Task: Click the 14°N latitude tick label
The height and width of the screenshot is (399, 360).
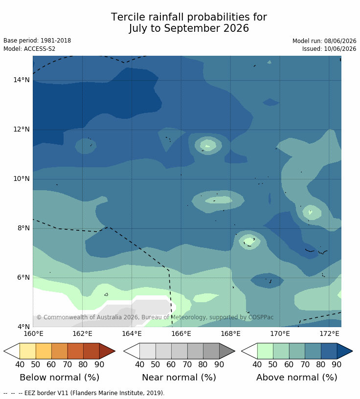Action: click(22, 80)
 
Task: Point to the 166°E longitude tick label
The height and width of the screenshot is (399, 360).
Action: click(181, 333)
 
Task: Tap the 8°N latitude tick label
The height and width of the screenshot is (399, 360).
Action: click(23, 228)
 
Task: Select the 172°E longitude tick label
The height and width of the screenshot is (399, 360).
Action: click(329, 333)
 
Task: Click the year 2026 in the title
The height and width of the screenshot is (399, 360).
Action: click(236, 28)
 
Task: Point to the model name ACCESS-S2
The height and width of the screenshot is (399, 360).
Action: click(40, 49)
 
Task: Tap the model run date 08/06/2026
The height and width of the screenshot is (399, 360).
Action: click(340, 41)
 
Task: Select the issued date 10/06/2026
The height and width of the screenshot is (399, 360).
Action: click(340, 49)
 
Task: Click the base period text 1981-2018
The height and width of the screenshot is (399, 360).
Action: click(56, 41)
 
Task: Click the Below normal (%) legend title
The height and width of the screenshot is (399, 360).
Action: click(59, 377)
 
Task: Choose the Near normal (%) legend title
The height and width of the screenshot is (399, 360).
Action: click(179, 377)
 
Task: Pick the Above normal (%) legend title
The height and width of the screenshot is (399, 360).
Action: click(296, 377)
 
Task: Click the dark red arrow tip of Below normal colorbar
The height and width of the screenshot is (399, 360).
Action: click(114, 351)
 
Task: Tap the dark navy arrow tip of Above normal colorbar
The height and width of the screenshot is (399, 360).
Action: click(352, 351)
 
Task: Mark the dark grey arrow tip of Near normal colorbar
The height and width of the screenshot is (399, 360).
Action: click(234, 351)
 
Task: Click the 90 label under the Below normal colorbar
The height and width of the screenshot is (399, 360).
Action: click(99, 365)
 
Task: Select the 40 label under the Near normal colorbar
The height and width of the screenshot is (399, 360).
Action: click(139, 365)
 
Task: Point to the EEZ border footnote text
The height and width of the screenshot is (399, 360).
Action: click(84, 393)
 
